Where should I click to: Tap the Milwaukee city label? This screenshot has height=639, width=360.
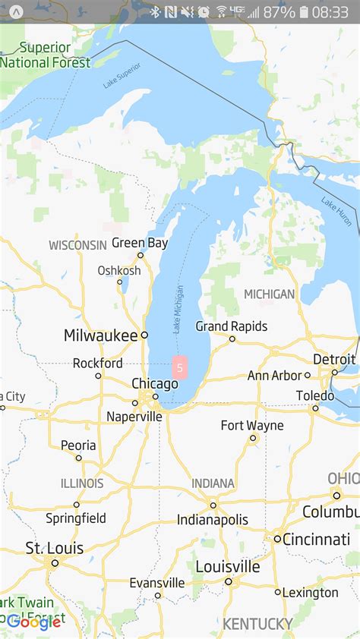pyautogui.click(x=100, y=335)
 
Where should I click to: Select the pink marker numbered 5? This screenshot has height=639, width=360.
pyautogui.click(x=179, y=368)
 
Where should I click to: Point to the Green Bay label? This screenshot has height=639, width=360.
pyautogui.click(x=140, y=244)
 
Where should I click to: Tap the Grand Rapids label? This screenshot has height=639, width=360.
pyautogui.click(x=232, y=326)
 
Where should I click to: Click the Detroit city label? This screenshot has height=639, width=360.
pyautogui.click(x=334, y=359)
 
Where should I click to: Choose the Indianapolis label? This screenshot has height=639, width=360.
pyautogui.click(x=213, y=520)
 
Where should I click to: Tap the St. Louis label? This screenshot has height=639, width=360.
pyautogui.click(x=55, y=548)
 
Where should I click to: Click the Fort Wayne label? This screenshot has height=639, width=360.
pyautogui.click(x=252, y=425)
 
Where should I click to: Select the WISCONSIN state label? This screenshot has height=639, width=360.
pyautogui.click(x=77, y=245)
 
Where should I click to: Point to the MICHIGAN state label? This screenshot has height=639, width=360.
pyautogui.click(x=269, y=294)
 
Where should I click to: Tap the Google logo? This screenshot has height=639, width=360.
pyautogui.click(x=34, y=622)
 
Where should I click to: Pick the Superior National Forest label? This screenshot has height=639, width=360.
pyautogui.click(x=46, y=55)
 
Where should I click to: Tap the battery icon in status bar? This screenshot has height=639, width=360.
pyautogui.click(x=305, y=12)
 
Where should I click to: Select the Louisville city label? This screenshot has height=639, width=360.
pyautogui.click(x=227, y=567)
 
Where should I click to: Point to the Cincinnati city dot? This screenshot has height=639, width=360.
pyautogui.click(x=278, y=540)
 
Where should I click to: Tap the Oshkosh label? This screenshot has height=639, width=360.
pyautogui.click(x=119, y=271)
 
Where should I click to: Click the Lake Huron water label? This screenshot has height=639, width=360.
pyautogui.click(x=336, y=212)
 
